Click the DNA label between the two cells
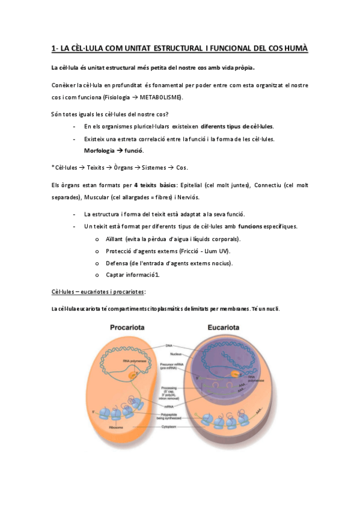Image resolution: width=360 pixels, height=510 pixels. [177, 345]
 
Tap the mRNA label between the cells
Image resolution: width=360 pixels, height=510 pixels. [177, 406]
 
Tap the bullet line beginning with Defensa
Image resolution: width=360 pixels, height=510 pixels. [169, 263]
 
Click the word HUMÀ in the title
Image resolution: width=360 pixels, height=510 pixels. [294, 48]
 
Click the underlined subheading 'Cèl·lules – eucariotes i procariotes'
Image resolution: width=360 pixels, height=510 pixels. [97, 292]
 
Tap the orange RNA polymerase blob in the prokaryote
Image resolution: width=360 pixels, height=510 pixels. [132, 375]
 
